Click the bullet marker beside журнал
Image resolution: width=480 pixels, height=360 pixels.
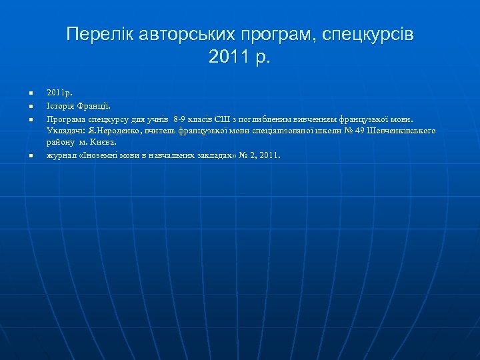point(31,156)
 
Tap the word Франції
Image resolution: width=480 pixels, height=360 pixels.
point(94,105)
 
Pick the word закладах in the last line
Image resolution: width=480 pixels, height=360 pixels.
point(205,155)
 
